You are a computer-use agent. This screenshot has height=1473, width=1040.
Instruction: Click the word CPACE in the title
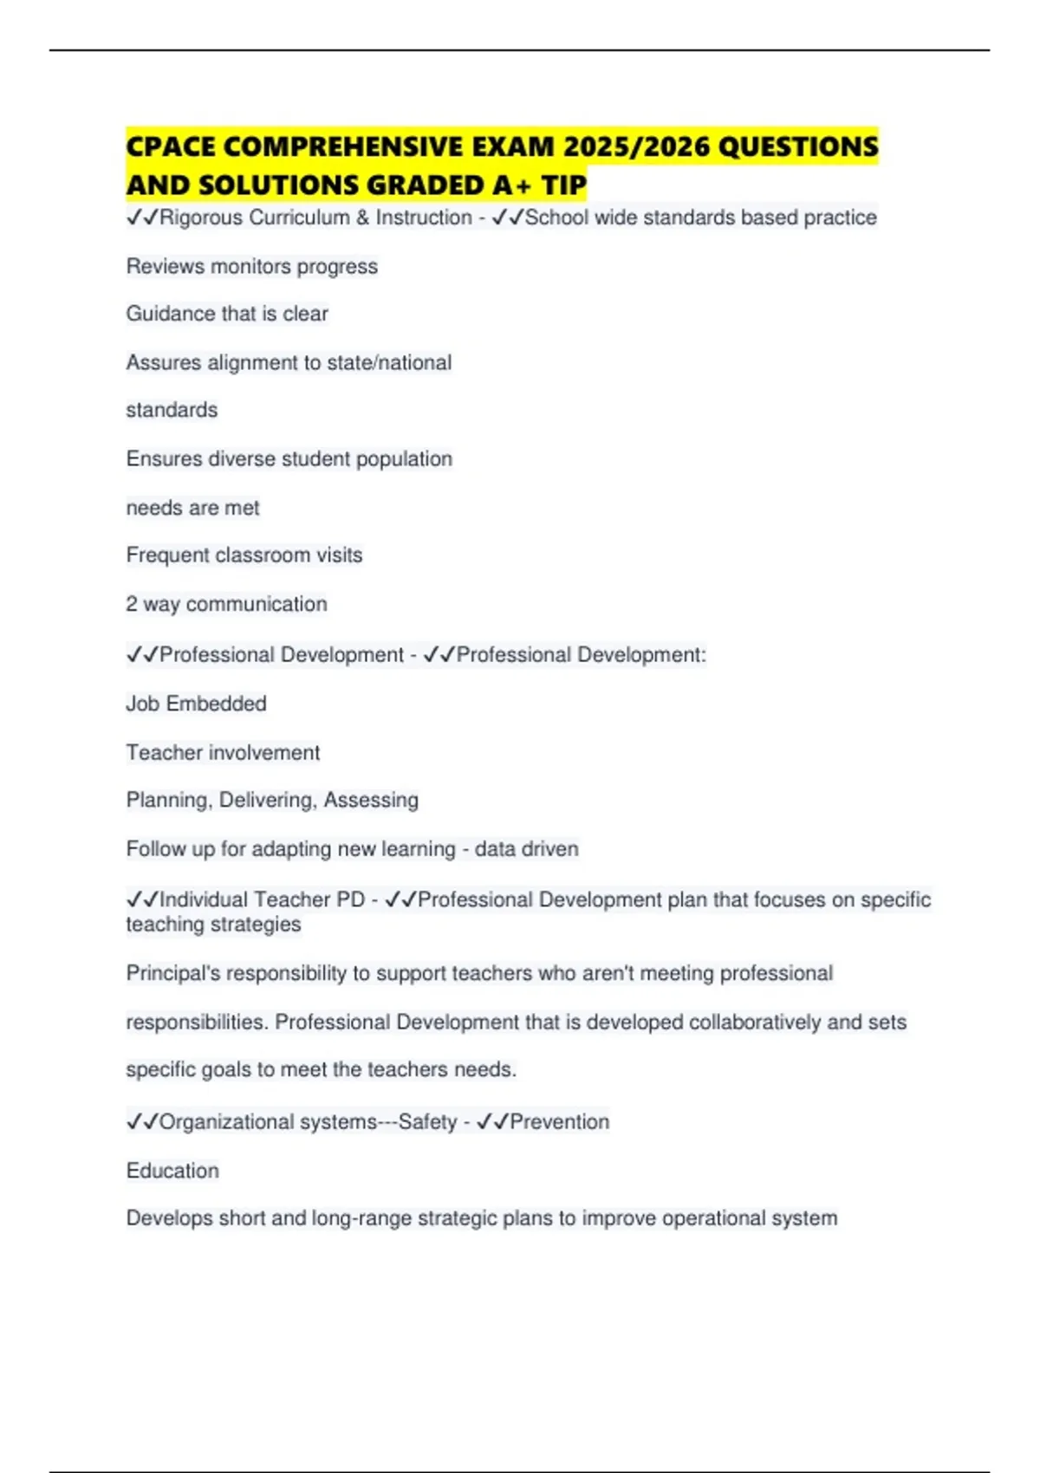pos(171,146)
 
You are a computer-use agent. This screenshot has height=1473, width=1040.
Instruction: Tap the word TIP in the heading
pos(564,185)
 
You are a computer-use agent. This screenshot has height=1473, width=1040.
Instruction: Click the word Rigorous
pos(202,217)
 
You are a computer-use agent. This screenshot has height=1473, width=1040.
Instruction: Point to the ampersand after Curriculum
pos(362,217)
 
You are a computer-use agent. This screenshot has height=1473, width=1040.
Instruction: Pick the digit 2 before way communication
pos(132,604)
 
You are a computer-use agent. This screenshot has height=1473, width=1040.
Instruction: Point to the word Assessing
pos(371,800)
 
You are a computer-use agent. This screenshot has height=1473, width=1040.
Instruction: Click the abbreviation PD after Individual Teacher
pos(350,900)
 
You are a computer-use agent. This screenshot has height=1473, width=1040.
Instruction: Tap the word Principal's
pos(172,974)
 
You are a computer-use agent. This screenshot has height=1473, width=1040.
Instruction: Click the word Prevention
pos(559,1122)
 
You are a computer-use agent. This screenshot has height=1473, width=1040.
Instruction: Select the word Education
pos(172,1171)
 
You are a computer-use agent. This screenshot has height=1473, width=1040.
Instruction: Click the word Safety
pos(427,1122)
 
